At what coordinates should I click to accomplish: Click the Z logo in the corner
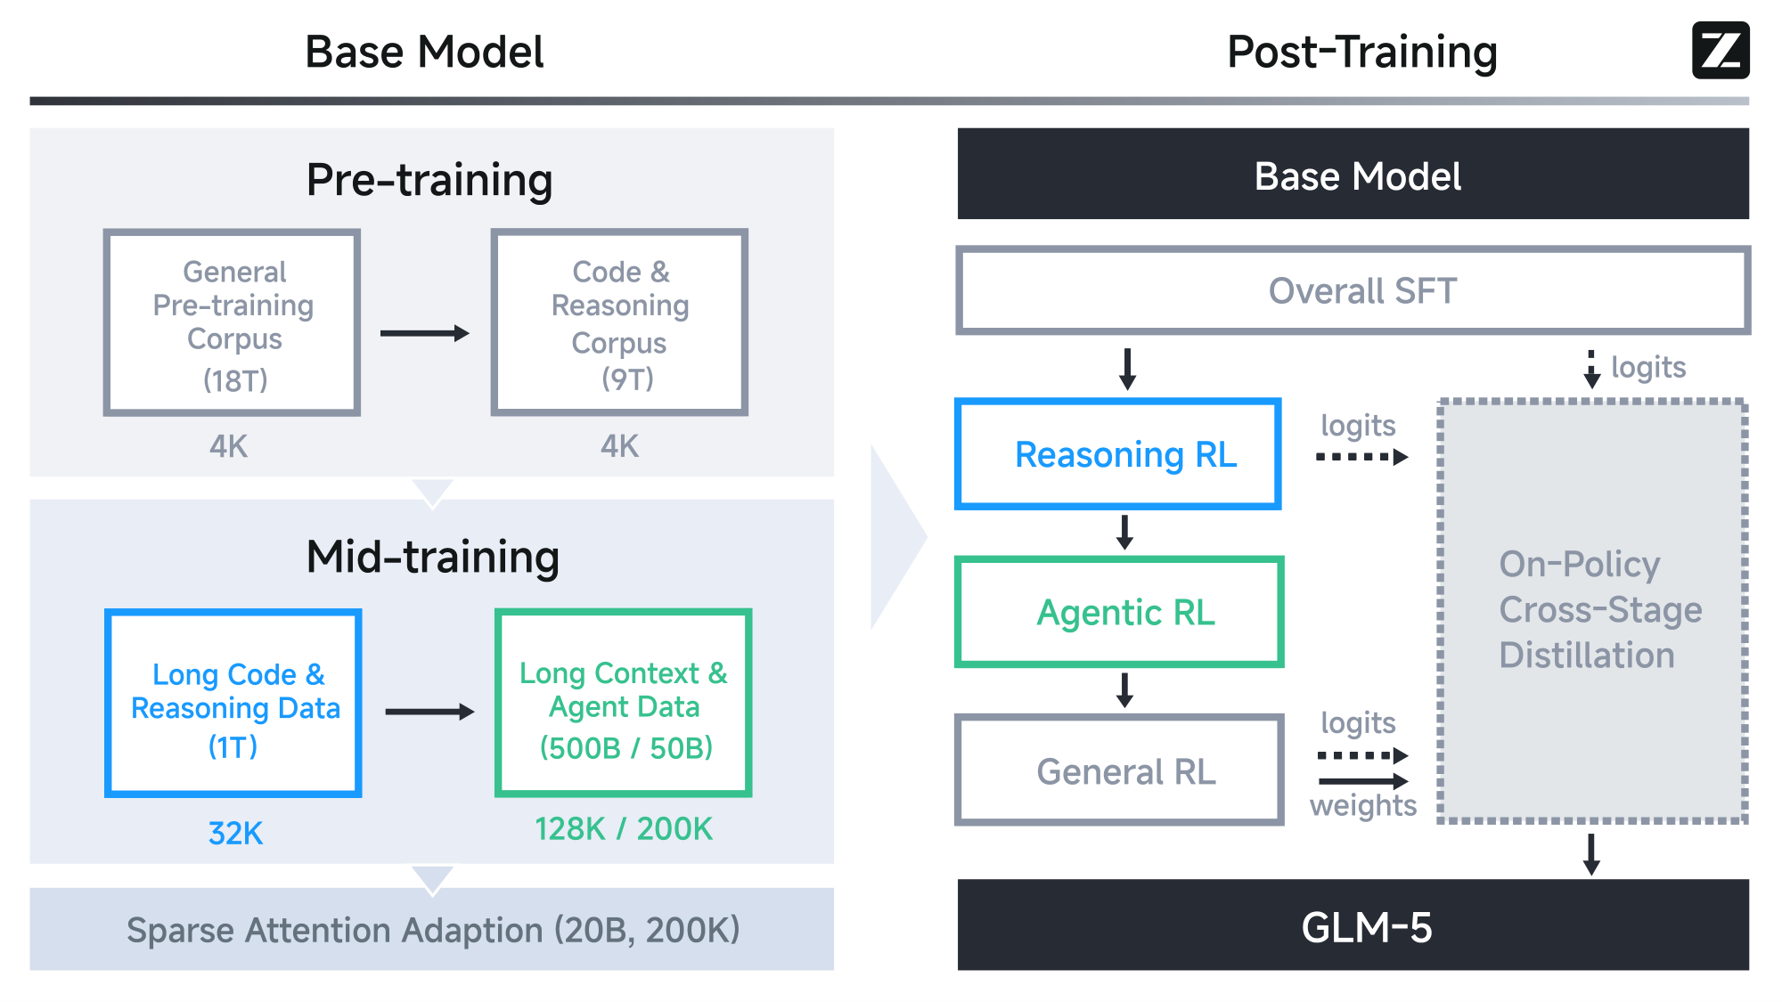pyautogui.click(x=1721, y=51)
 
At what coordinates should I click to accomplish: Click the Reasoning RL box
pyautogui.click(x=1118, y=454)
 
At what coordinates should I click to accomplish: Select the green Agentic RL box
pyautogui.click(x=1119, y=613)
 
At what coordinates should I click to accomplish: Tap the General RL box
pyautogui.click(x=1119, y=770)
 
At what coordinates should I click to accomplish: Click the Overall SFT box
pyautogui.click(x=1353, y=291)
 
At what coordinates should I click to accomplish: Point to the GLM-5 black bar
pyautogui.click(x=1353, y=926)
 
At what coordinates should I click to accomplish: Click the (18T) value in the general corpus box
pyautogui.click(x=235, y=380)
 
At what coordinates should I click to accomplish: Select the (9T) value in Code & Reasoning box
pyautogui.click(x=627, y=379)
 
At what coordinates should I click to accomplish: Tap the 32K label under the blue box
pyautogui.click(x=235, y=833)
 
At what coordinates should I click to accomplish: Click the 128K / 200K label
pyautogui.click(x=624, y=829)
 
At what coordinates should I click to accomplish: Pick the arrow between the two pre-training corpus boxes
pyautogui.click(x=425, y=333)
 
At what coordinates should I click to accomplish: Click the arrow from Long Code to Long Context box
pyautogui.click(x=429, y=712)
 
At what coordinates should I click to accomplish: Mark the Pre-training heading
pyautogui.click(x=429, y=180)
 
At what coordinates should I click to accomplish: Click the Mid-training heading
pyautogui.click(x=432, y=558)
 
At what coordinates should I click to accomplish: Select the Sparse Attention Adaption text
pyautogui.click(x=433, y=930)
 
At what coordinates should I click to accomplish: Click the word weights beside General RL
pyautogui.click(x=1362, y=805)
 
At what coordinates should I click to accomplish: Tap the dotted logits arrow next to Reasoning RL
pyautogui.click(x=1361, y=457)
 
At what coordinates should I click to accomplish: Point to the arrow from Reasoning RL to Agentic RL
pyautogui.click(x=1124, y=533)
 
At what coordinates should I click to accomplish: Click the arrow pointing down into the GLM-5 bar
pyautogui.click(x=1591, y=854)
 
